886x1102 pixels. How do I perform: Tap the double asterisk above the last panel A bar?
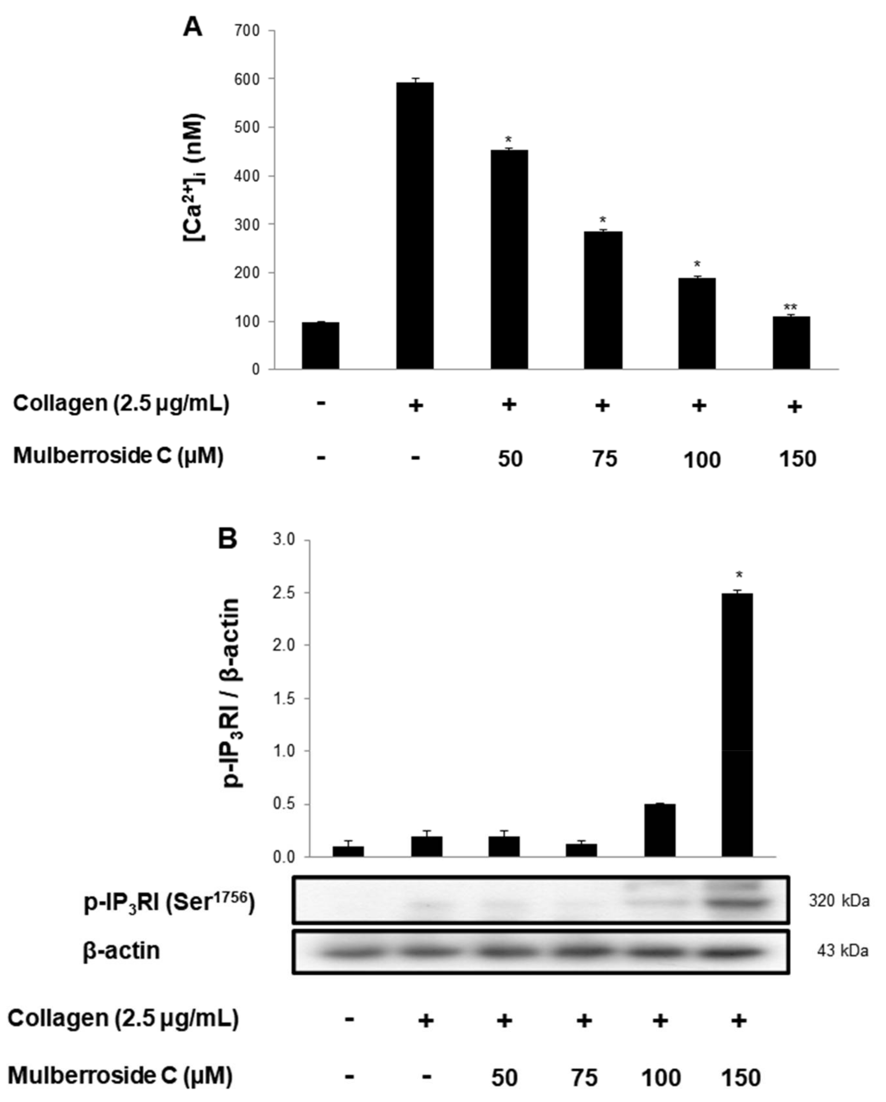tap(790, 308)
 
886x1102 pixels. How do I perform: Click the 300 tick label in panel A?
tap(248, 224)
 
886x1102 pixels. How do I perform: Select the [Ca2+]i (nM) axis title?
tap(194, 176)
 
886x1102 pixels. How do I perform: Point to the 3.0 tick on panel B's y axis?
tap(284, 540)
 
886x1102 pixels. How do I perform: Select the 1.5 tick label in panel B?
tap(284, 698)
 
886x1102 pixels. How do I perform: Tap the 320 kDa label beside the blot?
tap(839, 901)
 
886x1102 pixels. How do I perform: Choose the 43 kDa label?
tap(842, 950)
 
